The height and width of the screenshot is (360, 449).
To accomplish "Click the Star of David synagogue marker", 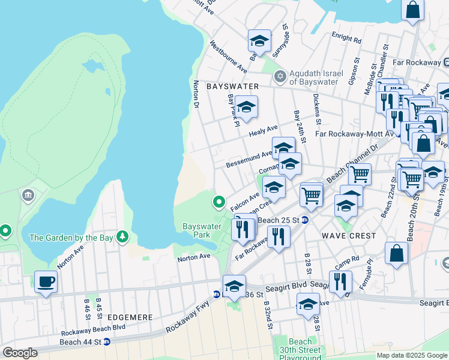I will click(279, 76).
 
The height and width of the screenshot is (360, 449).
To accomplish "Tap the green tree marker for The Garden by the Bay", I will click(122, 237).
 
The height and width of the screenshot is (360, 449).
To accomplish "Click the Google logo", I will click(20, 353).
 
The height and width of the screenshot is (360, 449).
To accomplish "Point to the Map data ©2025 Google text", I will click(412, 355).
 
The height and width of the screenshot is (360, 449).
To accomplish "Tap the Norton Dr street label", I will click(196, 95).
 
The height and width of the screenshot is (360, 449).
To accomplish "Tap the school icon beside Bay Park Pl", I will click(246, 107).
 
